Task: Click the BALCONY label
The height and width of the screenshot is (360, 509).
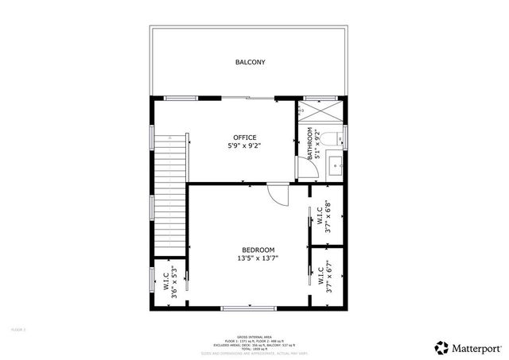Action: tap(250, 62)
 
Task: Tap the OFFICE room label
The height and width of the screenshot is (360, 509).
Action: tap(244, 137)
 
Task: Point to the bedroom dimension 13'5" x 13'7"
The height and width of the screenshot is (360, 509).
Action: tap(252, 258)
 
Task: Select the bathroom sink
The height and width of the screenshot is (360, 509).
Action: tap(336, 168)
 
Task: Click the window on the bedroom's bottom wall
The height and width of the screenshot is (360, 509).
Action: tap(250, 308)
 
